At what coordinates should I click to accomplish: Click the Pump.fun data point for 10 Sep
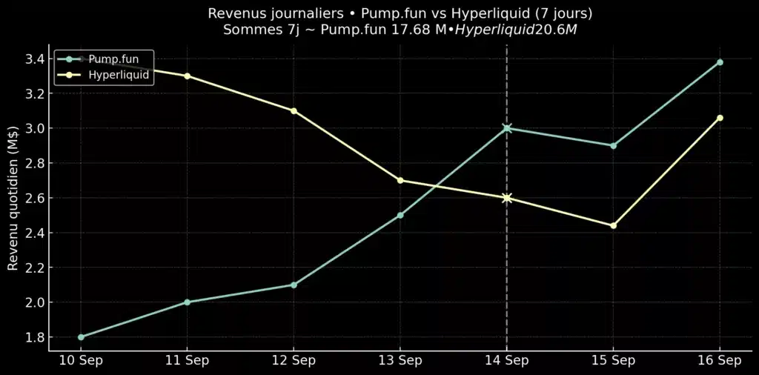pos(81,337)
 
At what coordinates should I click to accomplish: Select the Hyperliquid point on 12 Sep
pos(294,110)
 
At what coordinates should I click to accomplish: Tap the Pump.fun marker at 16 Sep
pos(720,62)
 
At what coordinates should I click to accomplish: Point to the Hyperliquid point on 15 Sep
pos(613,225)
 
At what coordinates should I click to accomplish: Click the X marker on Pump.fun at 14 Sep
pos(507,128)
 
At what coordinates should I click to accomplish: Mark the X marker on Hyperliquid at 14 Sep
pos(507,198)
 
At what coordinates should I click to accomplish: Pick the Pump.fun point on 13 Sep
pos(400,215)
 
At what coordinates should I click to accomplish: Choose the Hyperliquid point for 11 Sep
pos(188,76)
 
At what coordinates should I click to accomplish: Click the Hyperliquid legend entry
pos(119,75)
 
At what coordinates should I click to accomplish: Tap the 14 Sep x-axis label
pos(507,360)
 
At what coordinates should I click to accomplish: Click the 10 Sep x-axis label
pos(81,360)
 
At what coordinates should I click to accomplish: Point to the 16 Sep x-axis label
pos(720,360)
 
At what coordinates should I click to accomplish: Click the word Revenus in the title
pos(234,14)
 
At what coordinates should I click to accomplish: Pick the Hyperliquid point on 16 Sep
pos(720,118)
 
